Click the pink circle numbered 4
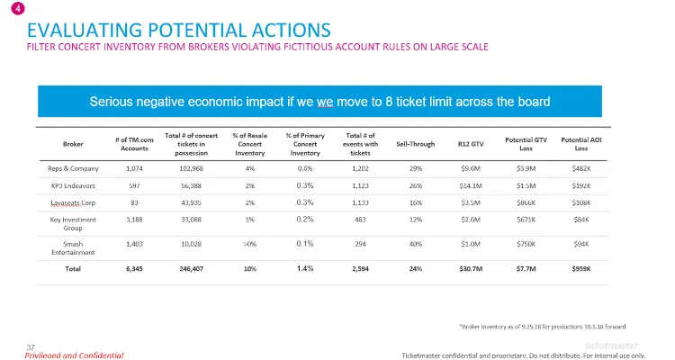[x=18, y=8]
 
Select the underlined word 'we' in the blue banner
[x=325, y=102]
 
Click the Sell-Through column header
[x=416, y=144]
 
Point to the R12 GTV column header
[x=471, y=144]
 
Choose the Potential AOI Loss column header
[x=581, y=144]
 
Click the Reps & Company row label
[x=73, y=168]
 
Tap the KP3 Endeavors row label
[x=73, y=185]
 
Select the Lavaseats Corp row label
[x=73, y=202]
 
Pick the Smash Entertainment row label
[x=73, y=248]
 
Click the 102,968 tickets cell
[x=191, y=168]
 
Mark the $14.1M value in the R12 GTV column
[x=471, y=185]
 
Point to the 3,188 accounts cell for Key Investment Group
[x=134, y=220]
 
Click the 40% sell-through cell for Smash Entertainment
[x=416, y=244]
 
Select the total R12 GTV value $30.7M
[x=471, y=269]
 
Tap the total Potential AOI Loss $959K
[x=581, y=269]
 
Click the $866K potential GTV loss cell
[x=526, y=202]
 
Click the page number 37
[x=31, y=347]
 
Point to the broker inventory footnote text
[x=543, y=327]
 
